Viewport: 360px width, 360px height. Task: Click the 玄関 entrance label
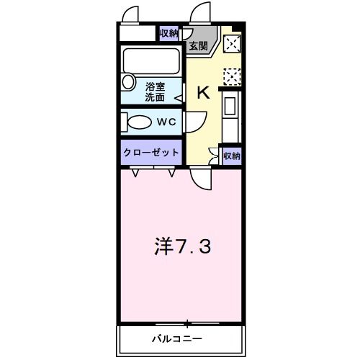click(198, 46)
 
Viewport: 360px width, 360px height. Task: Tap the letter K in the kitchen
click(204, 91)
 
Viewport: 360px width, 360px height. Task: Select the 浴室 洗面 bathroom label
click(156, 91)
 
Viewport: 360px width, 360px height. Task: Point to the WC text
click(167, 122)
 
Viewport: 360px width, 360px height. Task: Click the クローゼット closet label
click(152, 153)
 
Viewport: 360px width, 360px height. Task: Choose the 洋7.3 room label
click(181, 248)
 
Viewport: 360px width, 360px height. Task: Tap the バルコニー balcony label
click(176, 338)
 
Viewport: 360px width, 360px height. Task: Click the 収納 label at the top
click(169, 33)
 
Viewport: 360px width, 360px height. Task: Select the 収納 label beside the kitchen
click(231, 155)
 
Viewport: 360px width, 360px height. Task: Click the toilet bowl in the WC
click(140, 122)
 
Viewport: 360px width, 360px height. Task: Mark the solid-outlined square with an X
click(232, 44)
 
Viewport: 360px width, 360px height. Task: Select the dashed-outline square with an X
click(232, 75)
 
